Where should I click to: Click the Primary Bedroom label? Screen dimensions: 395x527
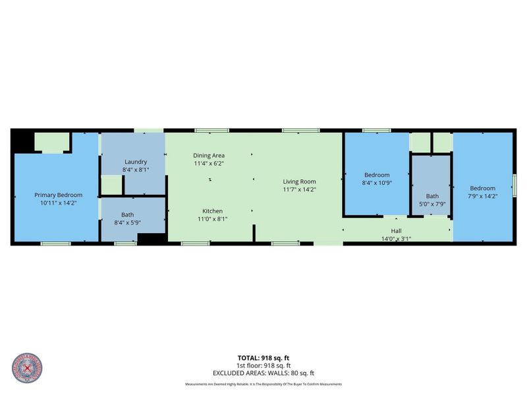(x=59, y=195)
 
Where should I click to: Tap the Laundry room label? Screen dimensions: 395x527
(x=135, y=162)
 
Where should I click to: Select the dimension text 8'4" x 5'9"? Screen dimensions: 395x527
(x=132, y=223)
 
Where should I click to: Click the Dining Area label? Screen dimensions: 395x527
(x=209, y=155)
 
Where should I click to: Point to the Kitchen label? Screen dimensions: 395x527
(x=212, y=211)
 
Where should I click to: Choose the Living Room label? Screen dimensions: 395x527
(x=300, y=182)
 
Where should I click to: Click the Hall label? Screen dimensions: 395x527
(x=396, y=231)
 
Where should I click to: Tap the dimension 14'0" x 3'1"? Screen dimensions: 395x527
(x=396, y=238)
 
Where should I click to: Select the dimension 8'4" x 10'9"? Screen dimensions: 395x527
(x=377, y=183)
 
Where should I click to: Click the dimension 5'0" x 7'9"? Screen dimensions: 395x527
(x=432, y=204)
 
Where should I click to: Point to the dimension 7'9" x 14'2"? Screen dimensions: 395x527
(x=482, y=196)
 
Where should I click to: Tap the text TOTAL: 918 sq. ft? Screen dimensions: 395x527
(x=263, y=358)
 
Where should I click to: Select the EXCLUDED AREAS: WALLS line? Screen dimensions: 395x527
(x=263, y=373)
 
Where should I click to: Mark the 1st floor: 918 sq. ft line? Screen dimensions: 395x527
(x=263, y=365)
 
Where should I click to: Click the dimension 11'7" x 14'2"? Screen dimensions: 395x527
(x=300, y=190)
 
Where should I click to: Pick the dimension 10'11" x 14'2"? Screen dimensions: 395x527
(x=59, y=203)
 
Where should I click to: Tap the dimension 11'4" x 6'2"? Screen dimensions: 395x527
(x=209, y=163)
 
